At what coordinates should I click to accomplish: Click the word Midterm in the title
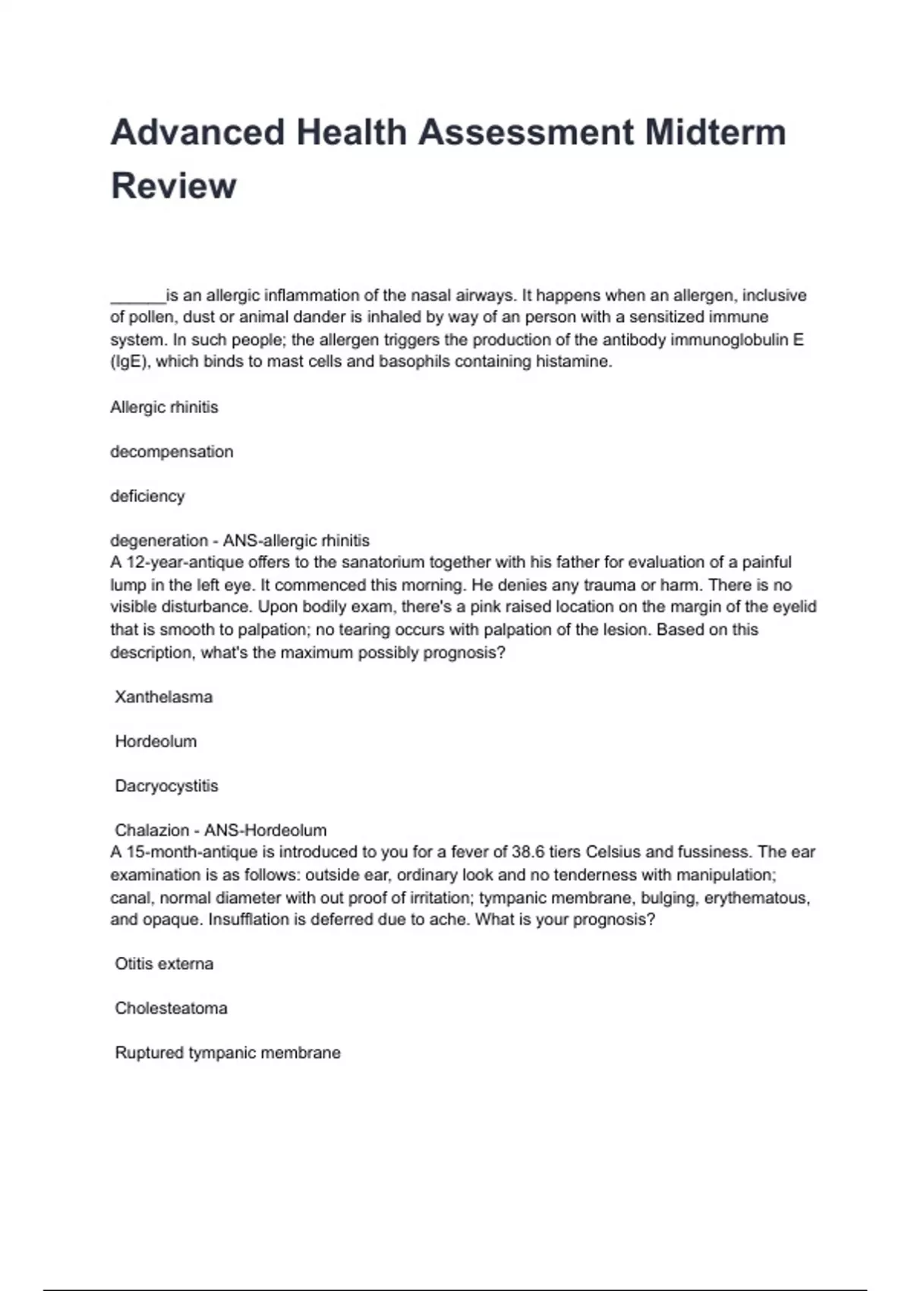715,132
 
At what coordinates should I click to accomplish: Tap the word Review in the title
174,185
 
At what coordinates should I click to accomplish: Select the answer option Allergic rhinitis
164,407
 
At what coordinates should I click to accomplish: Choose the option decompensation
172,452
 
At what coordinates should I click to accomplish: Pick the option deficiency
147,496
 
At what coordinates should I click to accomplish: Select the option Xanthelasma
163,697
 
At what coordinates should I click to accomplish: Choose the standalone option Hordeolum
156,741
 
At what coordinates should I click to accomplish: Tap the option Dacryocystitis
166,786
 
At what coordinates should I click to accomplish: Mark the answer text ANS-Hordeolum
266,830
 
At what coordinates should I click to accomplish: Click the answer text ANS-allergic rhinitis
296,541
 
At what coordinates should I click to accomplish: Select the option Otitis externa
164,964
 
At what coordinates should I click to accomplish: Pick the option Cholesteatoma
171,1008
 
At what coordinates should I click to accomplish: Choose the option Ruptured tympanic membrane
228,1053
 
